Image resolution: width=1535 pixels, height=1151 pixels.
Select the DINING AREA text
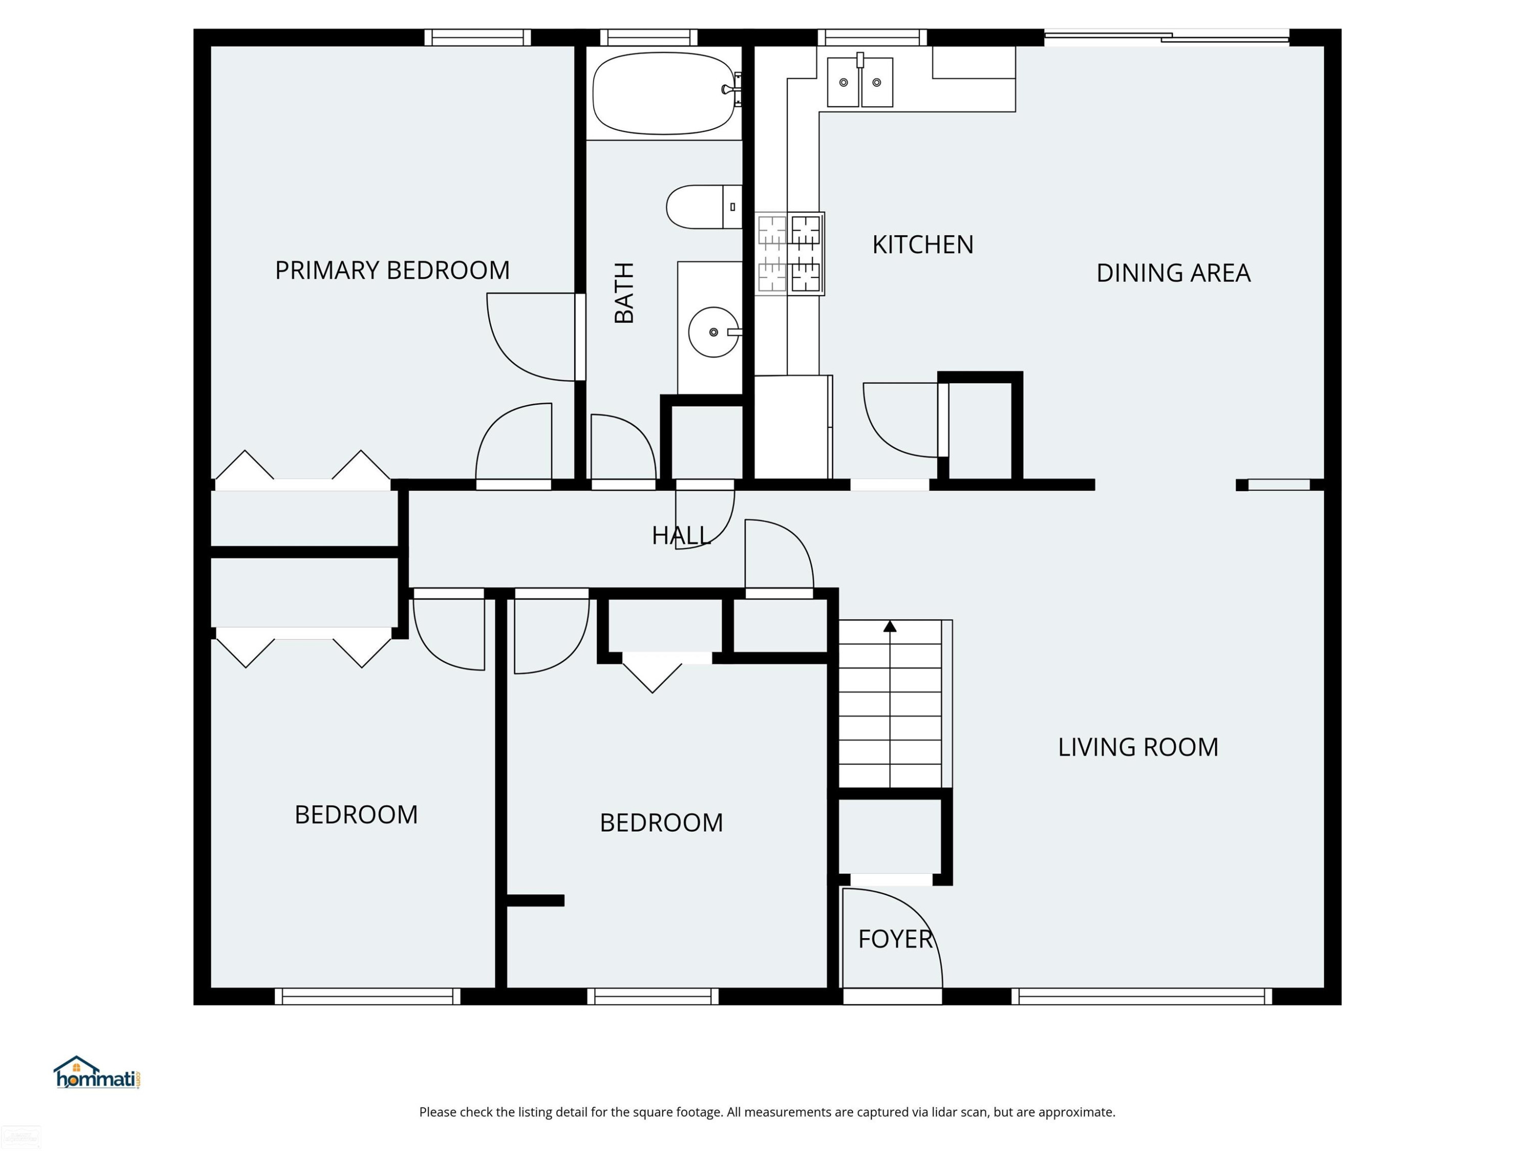coord(1173,273)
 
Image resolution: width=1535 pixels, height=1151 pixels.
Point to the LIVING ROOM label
coord(1138,747)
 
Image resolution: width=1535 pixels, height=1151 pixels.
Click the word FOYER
coord(895,939)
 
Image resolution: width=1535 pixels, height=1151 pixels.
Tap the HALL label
coord(681,536)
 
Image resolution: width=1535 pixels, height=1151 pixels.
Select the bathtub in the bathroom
coord(664,93)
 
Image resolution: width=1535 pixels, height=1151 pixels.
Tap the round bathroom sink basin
coord(713,333)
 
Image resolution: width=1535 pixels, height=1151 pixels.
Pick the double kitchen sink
coord(860,82)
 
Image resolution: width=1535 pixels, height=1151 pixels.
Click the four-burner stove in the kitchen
coord(790,254)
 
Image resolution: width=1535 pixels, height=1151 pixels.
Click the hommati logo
coord(97,1073)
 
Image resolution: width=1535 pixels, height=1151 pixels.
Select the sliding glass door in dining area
coord(1167,37)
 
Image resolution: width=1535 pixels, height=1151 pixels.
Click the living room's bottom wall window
coord(1142,997)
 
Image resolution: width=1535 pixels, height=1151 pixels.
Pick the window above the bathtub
coord(649,37)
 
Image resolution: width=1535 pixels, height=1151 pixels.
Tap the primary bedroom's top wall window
coord(477,37)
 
